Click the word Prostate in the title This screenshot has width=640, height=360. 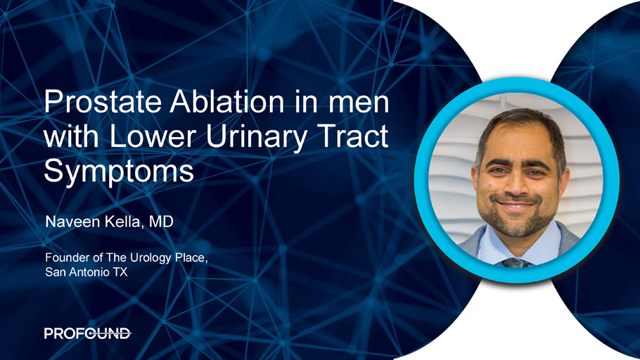pyautogui.click(x=103, y=102)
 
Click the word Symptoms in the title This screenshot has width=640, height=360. pyautogui.click(x=119, y=172)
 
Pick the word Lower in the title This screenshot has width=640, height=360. pyautogui.click(x=154, y=136)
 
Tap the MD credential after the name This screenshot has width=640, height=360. pyautogui.click(x=161, y=221)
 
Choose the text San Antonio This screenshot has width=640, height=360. pyautogui.click(x=77, y=272)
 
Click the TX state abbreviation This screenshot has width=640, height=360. pyautogui.click(x=120, y=272)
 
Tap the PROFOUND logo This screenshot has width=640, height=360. pyautogui.click(x=88, y=333)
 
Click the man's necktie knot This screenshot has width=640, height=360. pyautogui.click(x=515, y=262)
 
